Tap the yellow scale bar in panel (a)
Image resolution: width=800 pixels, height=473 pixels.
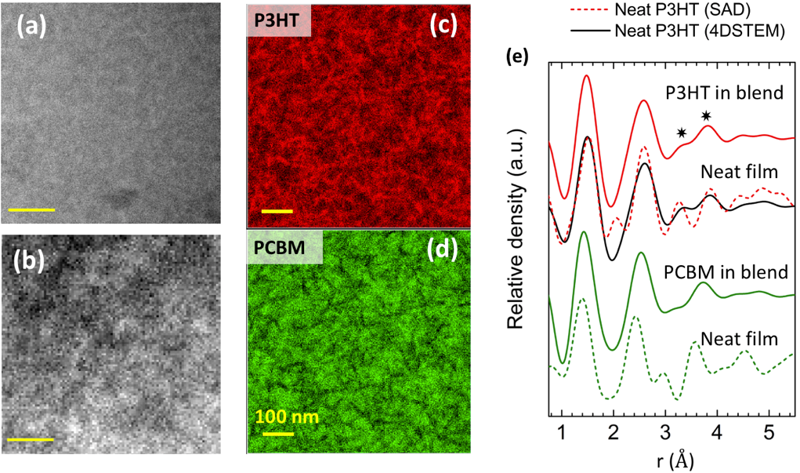(x=31, y=210)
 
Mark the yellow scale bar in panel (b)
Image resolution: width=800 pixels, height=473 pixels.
(x=30, y=439)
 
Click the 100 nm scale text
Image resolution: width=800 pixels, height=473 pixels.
(x=288, y=416)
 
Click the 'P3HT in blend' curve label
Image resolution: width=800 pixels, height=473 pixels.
(x=725, y=93)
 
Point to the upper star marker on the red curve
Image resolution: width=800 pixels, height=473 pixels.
(x=707, y=116)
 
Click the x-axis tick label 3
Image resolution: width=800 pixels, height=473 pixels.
(x=665, y=432)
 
